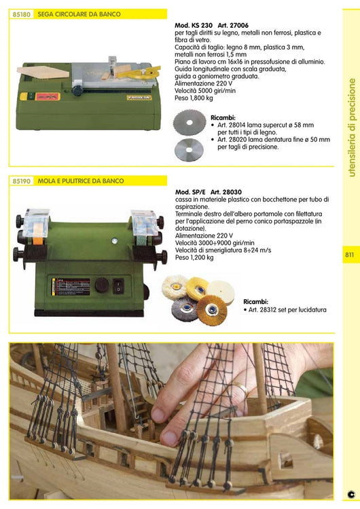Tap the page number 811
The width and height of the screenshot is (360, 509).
(349, 256)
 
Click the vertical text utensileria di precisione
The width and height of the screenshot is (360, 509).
(351, 128)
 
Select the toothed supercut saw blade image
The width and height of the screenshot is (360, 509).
(188, 124)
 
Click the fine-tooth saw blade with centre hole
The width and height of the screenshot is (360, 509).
(188, 149)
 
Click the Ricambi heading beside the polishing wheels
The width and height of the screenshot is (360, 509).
(255, 301)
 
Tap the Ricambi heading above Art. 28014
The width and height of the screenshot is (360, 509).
(223, 117)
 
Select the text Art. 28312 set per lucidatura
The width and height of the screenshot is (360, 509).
(285, 310)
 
